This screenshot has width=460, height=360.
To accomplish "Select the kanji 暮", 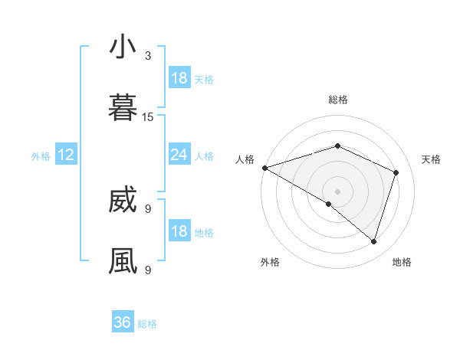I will coord(123,108).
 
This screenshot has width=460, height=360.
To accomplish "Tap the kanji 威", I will coord(123,201).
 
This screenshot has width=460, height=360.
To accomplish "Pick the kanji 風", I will coord(123,260).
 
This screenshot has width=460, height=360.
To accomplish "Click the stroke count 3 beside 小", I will coord(148,56).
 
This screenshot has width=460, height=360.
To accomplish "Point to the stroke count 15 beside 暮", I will coord(148,117).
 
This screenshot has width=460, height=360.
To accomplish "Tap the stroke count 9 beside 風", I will coord(148,270).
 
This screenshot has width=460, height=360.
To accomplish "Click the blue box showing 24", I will coord(179,155).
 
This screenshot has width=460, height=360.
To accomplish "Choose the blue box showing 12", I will coord(66,155).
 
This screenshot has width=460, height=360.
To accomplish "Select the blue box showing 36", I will coord(123,322).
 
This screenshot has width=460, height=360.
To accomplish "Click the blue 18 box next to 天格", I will coord(179,78).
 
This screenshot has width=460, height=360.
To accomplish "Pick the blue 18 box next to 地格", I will coord(179,231).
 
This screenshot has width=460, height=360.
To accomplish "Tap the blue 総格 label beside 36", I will coord(148,324).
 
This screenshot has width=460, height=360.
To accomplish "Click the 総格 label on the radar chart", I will coord(338,100).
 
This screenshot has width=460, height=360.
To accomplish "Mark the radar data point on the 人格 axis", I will coord(264,168).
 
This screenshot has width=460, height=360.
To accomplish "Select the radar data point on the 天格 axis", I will coord(396,172).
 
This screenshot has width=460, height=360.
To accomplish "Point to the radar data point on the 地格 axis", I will coord(373,241).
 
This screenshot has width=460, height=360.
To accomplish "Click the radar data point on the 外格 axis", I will coord(329,204).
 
